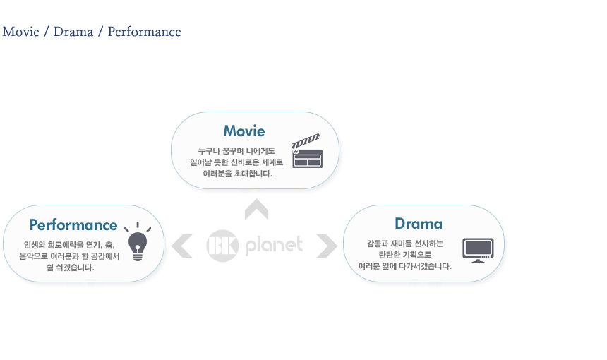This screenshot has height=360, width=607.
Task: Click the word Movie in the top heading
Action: pyautogui.click(x=21, y=32)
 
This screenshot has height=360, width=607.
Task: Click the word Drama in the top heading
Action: pyautogui.click(x=73, y=32)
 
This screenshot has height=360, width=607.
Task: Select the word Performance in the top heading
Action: pyautogui.click(x=145, y=32)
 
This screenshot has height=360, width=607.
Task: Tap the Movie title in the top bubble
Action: pyautogui.click(x=244, y=131)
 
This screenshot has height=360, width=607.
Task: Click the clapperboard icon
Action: pyautogui.click(x=307, y=151)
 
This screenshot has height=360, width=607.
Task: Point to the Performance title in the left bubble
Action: pyautogui.click(x=73, y=225)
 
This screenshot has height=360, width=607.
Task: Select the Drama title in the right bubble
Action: pyautogui.click(x=419, y=224)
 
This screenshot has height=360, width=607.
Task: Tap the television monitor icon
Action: pyautogui.click(x=478, y=251)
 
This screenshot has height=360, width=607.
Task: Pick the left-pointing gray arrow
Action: pyautogui.click(x=181, y=246)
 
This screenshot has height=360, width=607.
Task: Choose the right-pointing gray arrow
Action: pyautogui.click(x=327, y=246)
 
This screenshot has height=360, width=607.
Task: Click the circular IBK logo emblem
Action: pyautogui.click(x=222, y=246)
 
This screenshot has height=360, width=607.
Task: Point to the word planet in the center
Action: pyautogui.click(x=274, y=246)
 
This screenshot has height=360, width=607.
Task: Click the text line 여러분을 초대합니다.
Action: pyautogui.click(x=238, y=174)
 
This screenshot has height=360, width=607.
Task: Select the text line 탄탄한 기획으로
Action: pyautogui.click(x=405, y=255)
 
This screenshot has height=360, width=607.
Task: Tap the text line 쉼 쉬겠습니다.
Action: pyautogui.click(x=70, y=267)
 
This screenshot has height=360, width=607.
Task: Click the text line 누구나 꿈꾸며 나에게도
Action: pyautogui.click(x=236, y=151)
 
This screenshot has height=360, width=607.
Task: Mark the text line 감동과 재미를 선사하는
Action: pyautogui.click(x=405, y=244)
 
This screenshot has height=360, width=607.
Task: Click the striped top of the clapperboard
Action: pyautogui.click(x=306, y=141)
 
